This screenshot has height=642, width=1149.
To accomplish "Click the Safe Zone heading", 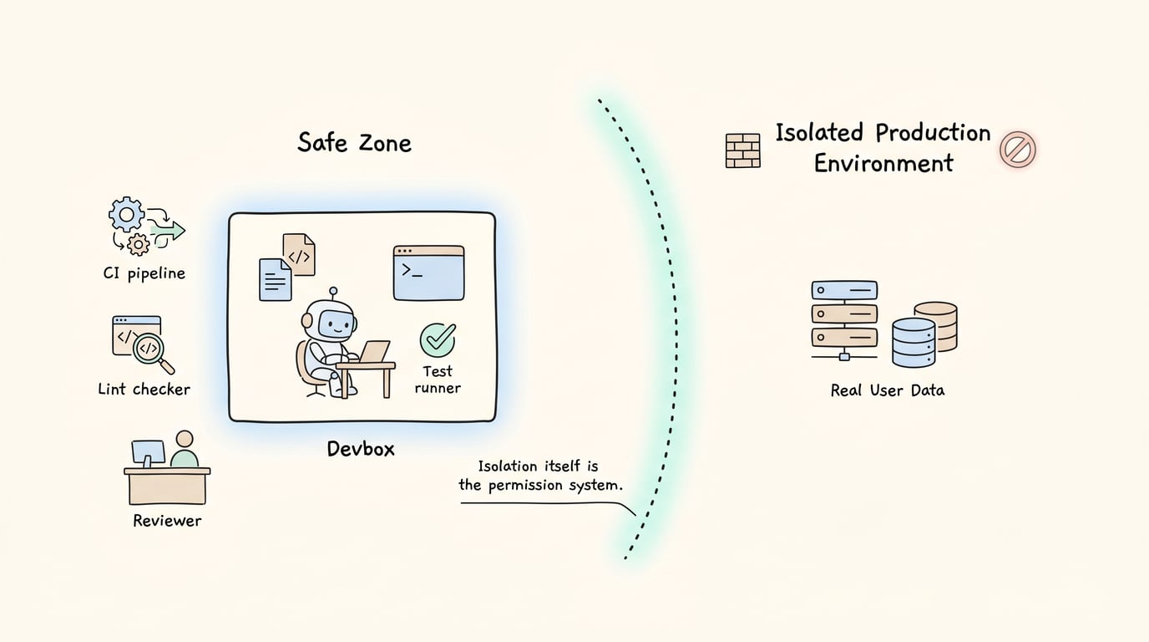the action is (x=354, y=143).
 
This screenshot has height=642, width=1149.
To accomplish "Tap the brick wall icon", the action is (x=742, y=150).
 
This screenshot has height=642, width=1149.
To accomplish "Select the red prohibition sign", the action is (x=1018, y=150).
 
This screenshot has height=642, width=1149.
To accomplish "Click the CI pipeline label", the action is (x=144, y=273).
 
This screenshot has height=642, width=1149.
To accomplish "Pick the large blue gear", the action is (x=126, y=214).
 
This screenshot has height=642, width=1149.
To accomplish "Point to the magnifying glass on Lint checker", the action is (x=152, y=352).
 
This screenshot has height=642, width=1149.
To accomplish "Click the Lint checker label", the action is (x=144, y=390).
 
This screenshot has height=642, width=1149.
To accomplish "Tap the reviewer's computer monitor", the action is (x=149, y=453).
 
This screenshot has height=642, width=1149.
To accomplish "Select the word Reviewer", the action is (x=167, y=521).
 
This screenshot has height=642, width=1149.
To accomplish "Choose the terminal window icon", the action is (x=429, y=273).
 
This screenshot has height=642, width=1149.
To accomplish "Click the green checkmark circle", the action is (x=438, y=339).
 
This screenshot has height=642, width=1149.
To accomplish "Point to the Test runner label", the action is (x=438, y=380).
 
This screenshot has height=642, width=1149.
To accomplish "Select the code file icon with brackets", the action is (x=299, y=254).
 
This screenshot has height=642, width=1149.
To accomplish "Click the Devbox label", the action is (x=361, y=449).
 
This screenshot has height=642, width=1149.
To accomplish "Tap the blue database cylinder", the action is (x=914, y=343).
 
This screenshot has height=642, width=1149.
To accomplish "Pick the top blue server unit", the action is (x=844, y=290).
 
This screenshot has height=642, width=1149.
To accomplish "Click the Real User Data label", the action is (x=888, y=390).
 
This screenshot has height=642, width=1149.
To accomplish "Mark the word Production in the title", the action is (x=933, y=133).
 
